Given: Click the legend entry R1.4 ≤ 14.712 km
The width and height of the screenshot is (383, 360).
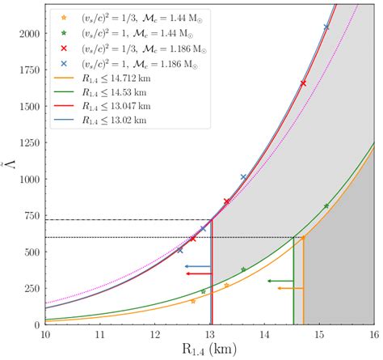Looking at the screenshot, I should [108, 78].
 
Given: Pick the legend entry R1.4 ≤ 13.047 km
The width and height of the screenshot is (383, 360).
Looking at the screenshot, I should [108, 106].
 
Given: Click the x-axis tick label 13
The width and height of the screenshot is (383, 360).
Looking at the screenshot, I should [210, 335].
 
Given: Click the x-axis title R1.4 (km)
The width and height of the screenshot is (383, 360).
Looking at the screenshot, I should [210, 351].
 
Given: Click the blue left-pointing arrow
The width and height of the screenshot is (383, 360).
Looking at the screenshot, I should [197, 266].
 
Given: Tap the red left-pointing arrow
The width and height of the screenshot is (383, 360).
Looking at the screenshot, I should [197, 274].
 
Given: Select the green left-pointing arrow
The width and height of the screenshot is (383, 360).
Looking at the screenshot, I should [280, 281].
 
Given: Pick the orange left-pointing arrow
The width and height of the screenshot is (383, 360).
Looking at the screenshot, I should [290, 288].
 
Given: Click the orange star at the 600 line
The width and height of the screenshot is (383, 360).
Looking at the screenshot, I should [303, 238].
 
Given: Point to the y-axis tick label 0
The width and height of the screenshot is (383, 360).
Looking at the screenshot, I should [36, 325].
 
